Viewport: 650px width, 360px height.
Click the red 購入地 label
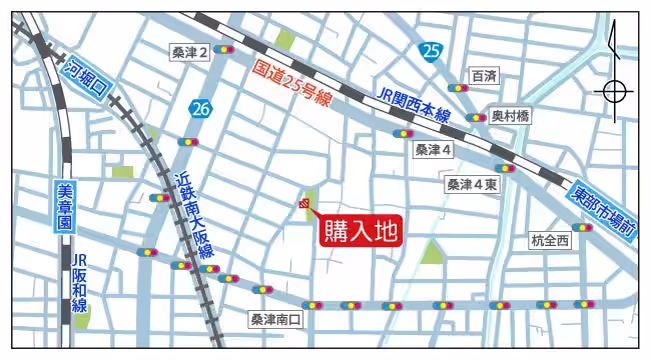tap(361, 231)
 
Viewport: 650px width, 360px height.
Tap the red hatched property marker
tap(303, 205)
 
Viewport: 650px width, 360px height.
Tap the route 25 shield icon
tap(430, 52)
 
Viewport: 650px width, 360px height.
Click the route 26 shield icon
tap(201, 107)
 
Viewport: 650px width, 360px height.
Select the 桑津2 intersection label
tap(190, 52)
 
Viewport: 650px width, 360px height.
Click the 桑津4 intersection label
tap(433, 149)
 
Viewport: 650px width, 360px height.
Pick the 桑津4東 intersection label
tap(471, 184)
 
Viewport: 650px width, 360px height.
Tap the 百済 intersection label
tap(484, 76)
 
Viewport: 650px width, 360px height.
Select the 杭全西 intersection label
tap(550, 240)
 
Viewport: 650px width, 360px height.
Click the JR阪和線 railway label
tap(79, 284)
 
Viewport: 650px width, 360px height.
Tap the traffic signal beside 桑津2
tap(224, 49)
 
